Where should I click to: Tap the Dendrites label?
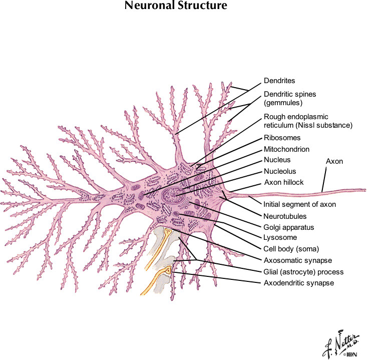point(279,81)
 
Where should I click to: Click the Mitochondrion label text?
point(286,149)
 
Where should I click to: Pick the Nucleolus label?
point(280,171)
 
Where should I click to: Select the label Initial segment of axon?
point(299,204)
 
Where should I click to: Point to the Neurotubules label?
point(285,216)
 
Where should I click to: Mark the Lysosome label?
point(280,237)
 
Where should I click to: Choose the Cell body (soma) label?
point(291,248)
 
